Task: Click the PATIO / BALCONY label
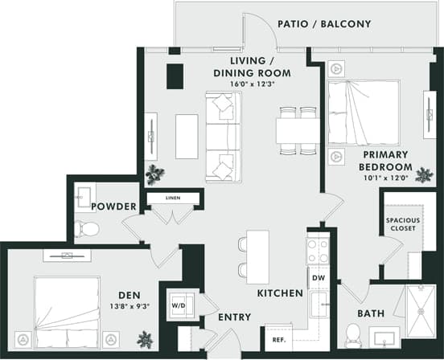pyautogui.click(x=324, y=24)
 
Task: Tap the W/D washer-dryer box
pyautogui.click(x=179, y=305)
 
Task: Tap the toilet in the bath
pyautogui.click(x=352, y=333)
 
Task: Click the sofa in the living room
pyautogui.click(x=221, y=136)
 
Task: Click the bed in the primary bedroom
pyautogui.click(x=363, y=112)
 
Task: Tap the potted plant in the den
pyautogui.click(x=145, y=339)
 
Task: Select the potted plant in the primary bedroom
pyautogui.click(x=423, y=174)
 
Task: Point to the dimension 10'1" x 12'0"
pyautogui.click(x=385, y=178)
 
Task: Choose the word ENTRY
pyautogui.click(x=234, y=318)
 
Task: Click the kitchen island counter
pyautogui.click(x=257, y=256)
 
